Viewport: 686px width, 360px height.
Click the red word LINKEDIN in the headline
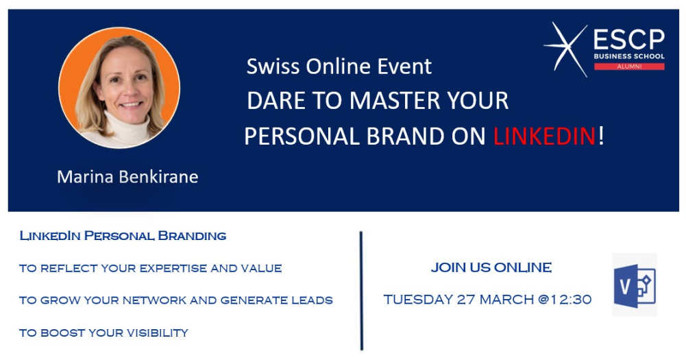pyautogui.click(x=544, y=136)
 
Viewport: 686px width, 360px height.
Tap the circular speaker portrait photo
pyautogui.click(x=119, y=88)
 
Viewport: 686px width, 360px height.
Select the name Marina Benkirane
pyautogui.click(x=127, y=176)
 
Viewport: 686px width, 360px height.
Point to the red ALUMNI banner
pyautogui.click(x=629, y=67)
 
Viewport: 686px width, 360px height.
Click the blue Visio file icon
pyautogui.click(x=635, y=285)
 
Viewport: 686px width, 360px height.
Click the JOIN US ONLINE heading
pyautogui.click(x=491, y=267)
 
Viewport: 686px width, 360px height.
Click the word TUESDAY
pyautogui.click(x=418, y=300)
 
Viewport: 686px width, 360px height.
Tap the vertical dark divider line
pyautogui.click(x=361, y=291)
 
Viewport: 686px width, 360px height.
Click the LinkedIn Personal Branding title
pyautogui.click(x=123, y=236)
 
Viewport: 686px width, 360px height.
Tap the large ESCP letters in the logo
pyautogui.click(x=629, y=40)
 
